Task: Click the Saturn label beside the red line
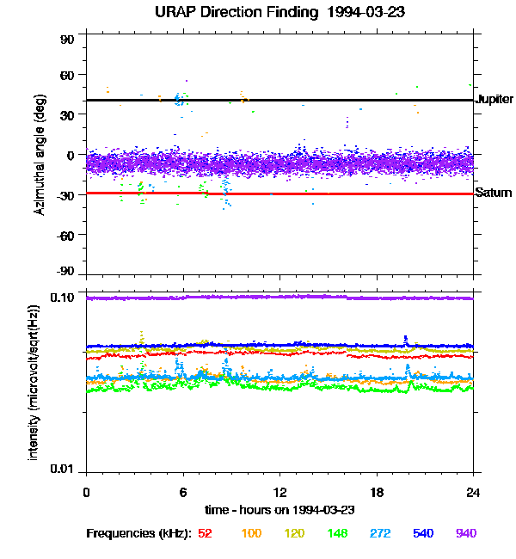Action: [x=494, y=193]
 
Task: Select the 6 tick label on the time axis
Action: [x=183, y=492]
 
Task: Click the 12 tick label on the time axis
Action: [x=279, y=492]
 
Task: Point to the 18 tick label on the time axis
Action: [x=377, y=492]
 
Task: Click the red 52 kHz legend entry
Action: [x=205, y=534]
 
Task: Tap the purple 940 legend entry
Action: [x=466, y=534]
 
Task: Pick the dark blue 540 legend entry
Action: [x=421, y=534]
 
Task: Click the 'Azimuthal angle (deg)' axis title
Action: [x=40, y=156]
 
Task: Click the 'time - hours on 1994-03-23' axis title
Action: [x=280, y=510]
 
